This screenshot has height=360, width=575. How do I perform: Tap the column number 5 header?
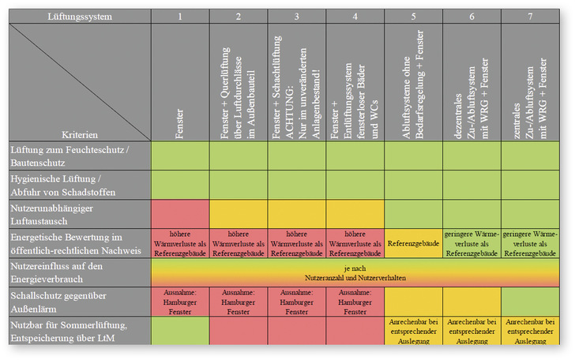pyautogui.click(x=413, y=15)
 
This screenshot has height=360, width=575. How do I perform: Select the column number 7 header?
pyautogui.click(x=530, y=15)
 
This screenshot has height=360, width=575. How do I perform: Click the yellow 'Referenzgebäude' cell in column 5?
pyautogui.click(x=413, y=244)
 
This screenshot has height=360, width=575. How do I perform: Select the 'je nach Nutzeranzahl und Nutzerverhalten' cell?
pyautogui.click(x=355, y=272)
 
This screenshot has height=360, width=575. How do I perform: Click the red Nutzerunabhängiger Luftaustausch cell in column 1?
pyautogui.click(x=180, y=213)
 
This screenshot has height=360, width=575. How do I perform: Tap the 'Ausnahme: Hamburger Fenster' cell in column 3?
pyautogui.click(x=296, y=301)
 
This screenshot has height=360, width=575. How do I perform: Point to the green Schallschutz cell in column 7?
pyautogui.click(x=530, y=301)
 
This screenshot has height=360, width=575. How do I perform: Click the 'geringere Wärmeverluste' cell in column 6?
pyautogui.click(x=472, y=244)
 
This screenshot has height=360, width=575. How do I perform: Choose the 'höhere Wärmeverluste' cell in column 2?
pyautogui.click(x=238, y=244)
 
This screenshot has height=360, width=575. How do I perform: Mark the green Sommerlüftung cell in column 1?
pyautogui.click(x=180, y=330)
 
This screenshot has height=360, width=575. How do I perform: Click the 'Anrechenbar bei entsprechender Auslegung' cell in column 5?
pyautogui.click(x=413, y=332)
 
